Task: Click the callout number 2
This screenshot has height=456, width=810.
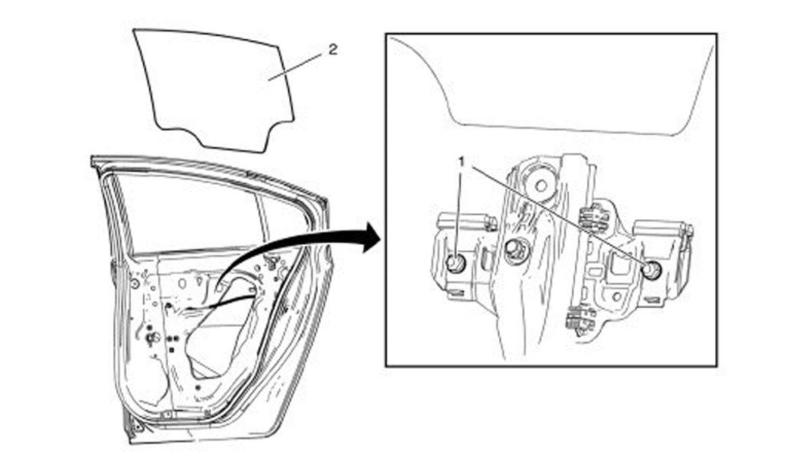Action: [x=333, y=49]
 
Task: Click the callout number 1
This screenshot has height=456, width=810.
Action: [x=462, y=162]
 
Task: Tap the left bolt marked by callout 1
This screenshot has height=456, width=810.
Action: [x=456, y=263]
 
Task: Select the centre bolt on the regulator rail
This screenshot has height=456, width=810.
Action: [x=514, y=249]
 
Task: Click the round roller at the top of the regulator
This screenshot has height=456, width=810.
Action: [x=541, y=186]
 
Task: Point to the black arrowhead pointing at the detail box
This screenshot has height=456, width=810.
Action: [x=371, y=237]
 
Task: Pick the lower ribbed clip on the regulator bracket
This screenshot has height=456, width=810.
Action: [x=580, y=318]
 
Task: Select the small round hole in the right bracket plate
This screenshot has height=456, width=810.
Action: [x=617, y=297]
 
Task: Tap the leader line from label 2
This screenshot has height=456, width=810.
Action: [x=296, y=66]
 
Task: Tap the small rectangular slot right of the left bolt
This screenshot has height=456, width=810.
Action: [x=487, y=261]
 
